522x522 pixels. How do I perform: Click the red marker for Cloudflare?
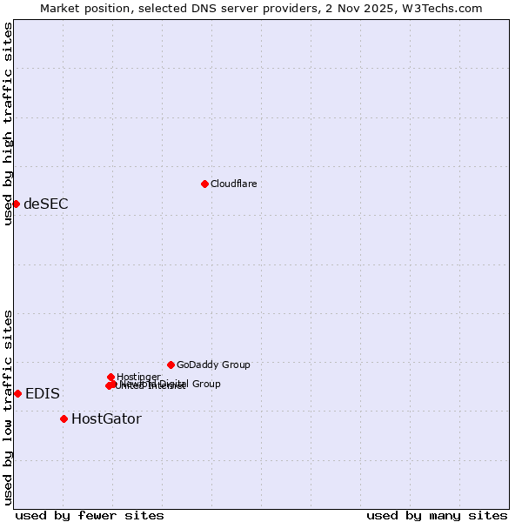[204, 184]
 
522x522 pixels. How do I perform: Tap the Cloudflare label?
[233, 184]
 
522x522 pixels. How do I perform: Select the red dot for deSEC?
[16, 204]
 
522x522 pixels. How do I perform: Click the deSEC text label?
[45, 204]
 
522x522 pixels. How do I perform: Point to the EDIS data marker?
[17, 393]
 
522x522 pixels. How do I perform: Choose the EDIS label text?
[43, 393]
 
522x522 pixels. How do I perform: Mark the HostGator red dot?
[64, 418]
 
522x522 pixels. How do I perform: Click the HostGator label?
[106, 418]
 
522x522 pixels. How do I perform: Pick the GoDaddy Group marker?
[171, 365]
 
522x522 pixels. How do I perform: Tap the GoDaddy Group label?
[213, 365]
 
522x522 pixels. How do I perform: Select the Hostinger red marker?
[110, 377]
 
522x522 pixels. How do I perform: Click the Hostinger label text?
[138, 377]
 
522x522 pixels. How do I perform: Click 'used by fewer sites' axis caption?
[90, 515]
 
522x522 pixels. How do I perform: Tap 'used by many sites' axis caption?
[437, 515]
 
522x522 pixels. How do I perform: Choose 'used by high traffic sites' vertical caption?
[8, 124]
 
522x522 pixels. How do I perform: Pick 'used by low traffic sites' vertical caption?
[8, 407]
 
